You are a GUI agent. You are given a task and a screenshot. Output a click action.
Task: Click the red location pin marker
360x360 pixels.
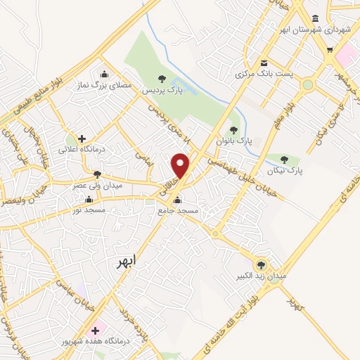pyautogui.click(x=181, y=166)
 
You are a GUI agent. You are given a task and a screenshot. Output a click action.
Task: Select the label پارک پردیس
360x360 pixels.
pyautogui.click(x=162, y=91)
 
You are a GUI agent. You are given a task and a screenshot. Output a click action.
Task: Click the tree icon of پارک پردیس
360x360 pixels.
pyautogui.click(x=162, y=79)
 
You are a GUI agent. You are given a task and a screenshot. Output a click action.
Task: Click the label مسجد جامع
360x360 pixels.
pyautogui.click(x=179, y=211)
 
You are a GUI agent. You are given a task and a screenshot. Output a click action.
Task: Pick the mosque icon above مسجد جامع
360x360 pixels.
pyautogui.click(x=179, y=200)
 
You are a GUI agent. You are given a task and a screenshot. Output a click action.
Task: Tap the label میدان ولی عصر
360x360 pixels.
pyautogui.click(x=98, y=186)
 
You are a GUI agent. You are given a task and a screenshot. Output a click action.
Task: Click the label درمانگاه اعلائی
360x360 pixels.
pyautogui.click(x=82, y=150)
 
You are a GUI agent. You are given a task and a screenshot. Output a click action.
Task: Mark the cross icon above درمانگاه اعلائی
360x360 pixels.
pyautogui.click(x=82, y=139)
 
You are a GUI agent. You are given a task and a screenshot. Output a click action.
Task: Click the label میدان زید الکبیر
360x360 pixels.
pyautogui.click(x=262, y=277)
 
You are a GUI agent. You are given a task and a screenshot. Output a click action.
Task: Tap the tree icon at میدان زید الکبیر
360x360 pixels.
pyautogui.click(x=262, y=265)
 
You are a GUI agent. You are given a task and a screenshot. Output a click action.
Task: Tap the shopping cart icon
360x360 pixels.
pyautogui.click(x=330, y=49)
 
